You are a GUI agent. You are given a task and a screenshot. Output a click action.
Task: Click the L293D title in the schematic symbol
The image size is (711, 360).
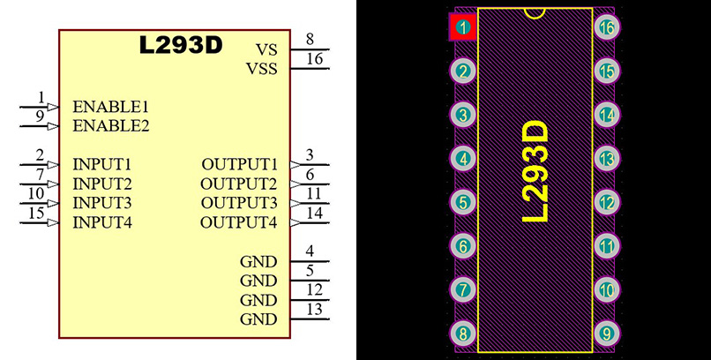(181, 46)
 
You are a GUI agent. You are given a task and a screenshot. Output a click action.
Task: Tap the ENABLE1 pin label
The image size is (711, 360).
(110, 106)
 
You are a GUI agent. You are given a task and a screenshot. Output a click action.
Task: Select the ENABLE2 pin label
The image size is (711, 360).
(110, 125)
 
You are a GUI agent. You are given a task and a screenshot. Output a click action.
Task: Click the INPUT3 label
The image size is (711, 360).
(102, 203)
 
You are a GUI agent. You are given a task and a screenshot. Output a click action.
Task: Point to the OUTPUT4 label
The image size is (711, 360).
(238, 222)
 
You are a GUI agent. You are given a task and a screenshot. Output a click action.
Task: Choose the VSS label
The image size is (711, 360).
(261, 68)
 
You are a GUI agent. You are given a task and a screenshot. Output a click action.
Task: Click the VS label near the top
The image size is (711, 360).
(266, 49)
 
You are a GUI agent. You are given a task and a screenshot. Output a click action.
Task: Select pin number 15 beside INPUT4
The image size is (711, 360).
(36, 213)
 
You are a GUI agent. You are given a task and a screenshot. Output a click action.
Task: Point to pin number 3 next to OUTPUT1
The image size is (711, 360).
(309, 155)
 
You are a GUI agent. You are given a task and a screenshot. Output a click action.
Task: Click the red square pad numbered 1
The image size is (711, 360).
(463, 27)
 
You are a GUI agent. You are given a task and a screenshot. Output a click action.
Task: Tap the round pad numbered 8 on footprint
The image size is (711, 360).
(463, 334)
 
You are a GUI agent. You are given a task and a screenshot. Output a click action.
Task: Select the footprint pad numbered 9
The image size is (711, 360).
(606, 334)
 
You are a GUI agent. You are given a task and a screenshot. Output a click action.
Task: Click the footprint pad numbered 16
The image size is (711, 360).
(606, 27)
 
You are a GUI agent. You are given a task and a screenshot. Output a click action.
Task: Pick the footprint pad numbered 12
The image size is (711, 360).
(606, 202)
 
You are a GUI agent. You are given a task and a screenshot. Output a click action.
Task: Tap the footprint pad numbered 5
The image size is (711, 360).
(463, 202)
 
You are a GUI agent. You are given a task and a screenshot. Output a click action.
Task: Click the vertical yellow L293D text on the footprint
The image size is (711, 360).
(535, 172)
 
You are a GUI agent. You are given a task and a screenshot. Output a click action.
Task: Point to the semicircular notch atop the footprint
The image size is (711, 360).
(535, 12)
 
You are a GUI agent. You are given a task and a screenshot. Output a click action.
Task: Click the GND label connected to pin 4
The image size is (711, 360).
(258, 261)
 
